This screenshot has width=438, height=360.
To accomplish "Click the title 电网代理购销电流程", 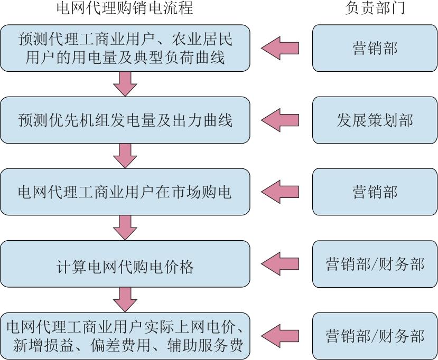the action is pyautogui.click(x=125, y=8).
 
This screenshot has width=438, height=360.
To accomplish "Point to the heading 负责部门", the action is pyautogui.click(x=375, y=8).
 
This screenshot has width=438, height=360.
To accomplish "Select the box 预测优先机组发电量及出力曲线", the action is pyautogui.click(x=125, y=120).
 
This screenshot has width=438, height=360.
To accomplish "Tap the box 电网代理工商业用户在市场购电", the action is pyautogui.click(x=125, y=192).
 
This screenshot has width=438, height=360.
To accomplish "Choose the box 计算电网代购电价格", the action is pyautogui.click(x=125, y=264).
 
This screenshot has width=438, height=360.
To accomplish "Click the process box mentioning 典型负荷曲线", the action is pyautogui.click(x=125, y=48).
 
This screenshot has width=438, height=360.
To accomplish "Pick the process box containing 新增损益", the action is pyautogui.click(x=125, y=336).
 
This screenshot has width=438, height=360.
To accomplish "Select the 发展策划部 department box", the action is pyautogui.click(x=375, y=120).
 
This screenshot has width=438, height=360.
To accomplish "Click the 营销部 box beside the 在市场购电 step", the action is pyautogui.click(x=375, y=192).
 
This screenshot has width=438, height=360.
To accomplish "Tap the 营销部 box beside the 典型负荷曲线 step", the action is pyautogui.click(x=375, y=48).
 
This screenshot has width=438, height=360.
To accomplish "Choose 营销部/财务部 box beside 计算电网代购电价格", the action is pyautogui.click(x=375, y=264).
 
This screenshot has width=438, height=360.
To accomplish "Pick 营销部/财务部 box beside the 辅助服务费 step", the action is pyautogui.click(x=375, y=336).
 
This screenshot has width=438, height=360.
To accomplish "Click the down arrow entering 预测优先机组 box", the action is pyautogui.click(x=125, y=84).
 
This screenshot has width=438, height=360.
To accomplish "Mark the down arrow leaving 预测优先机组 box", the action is pyautogui.click(x=125, y=156).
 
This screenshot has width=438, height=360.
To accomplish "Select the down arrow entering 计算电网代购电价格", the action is pyautogui.click(x=125, y=228).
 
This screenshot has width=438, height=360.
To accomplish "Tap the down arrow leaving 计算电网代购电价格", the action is pyautogui.click(x=125, y=300).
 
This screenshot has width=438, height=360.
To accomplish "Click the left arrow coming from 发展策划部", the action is pyautogui.click(x=280, y=120).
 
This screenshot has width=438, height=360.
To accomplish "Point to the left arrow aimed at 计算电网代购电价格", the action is pyautogui.click(x=280, y=264).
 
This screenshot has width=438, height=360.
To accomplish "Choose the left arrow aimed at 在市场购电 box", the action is pyautogui.click(x=280, y=192).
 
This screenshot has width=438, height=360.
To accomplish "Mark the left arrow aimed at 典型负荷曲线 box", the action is pyautogui.click(x=280, y=48).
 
